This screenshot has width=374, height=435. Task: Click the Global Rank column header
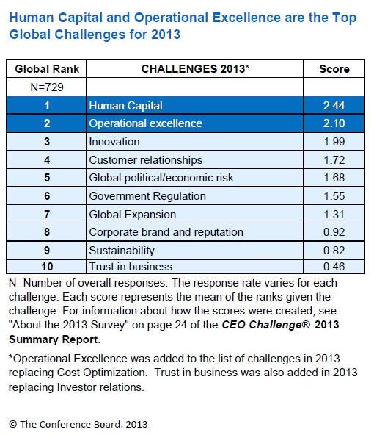point(47,69)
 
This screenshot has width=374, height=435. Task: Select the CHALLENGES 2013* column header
point(195,69)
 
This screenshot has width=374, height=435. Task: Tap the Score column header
point(334,69)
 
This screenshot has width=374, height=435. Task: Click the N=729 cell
point(47,87)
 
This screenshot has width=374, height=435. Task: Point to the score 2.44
point(334,105)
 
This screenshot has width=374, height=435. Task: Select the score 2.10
point(334,123)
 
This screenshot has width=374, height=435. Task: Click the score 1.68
point(334,178)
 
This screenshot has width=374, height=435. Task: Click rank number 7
point(47,214)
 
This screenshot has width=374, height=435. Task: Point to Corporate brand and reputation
point(166,232)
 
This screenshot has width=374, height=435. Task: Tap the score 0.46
point(334,267)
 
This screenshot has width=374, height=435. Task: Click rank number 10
point(47,267)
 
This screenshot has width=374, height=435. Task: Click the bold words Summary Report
point(53,339)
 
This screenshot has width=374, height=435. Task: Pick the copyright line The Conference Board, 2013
point(78,424)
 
